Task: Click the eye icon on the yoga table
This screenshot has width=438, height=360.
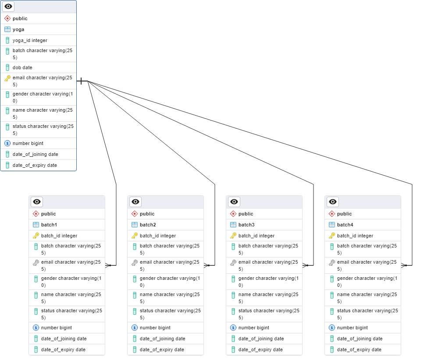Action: (8, 7)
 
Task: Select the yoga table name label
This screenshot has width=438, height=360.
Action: (18, 29)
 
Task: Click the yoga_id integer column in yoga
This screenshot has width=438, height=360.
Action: (30, 40)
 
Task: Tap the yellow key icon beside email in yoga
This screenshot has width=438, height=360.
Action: (7, 78)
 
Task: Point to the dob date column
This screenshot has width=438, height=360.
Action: (22, 67)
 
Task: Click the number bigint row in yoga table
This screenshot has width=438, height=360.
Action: (28, 143)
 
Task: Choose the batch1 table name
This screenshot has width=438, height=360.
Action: (49, 225)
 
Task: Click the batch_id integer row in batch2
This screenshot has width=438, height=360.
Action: (158, 236)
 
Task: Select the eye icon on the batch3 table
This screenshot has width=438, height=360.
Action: (234, 202)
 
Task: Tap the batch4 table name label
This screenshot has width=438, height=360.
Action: (345, 225)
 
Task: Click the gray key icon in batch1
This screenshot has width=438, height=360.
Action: (36, 263)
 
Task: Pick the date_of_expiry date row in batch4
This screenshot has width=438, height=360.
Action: (359, 349)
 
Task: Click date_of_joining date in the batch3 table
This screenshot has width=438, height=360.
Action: (261, 339)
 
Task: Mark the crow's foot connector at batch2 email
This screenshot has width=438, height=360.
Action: (207, 265)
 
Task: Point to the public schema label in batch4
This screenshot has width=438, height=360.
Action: (344, 214)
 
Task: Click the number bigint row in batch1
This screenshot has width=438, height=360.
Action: (57, 328)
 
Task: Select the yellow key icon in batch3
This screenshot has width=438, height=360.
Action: (233, 236)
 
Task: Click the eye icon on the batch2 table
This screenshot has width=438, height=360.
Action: (135, 202)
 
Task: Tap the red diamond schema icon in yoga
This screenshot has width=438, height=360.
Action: (7, 18)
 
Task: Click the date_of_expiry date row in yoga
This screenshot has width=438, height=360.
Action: (35, 165)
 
